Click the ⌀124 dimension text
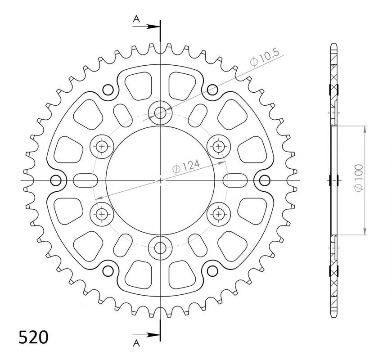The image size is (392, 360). click(x=186, y=166)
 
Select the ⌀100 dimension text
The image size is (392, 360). click(x=359, y=178)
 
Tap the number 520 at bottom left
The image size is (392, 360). click(x=33, y=337)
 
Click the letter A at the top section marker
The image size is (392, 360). click(x=136, y=18)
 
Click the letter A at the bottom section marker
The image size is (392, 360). click(x=136, y=343)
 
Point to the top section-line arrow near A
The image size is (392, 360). click(x=146, y=26)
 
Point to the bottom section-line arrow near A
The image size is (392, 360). click(x=146, y=335)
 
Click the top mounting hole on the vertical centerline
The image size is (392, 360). click(x=160, y=113)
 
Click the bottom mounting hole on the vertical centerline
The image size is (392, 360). click(x=160, y=248)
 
